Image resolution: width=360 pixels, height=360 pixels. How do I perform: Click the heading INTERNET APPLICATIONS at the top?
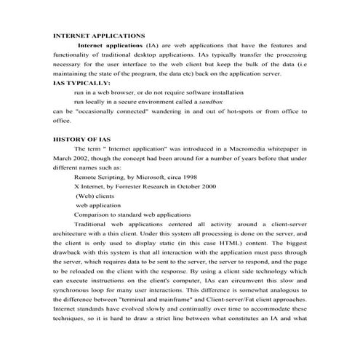pos(99,35)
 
